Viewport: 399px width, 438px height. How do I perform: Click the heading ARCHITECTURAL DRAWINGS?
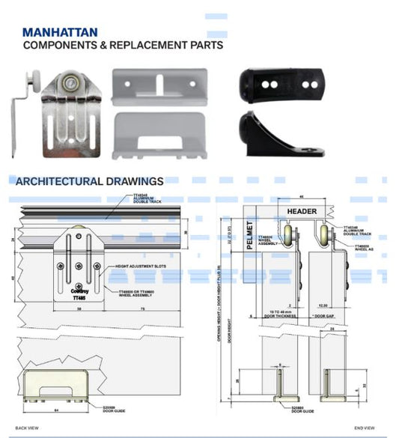(89, 181)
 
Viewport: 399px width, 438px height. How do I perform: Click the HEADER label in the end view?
(303, 212)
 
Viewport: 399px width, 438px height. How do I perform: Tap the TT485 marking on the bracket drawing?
(79, 297)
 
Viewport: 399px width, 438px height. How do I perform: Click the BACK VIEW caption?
(27, 428)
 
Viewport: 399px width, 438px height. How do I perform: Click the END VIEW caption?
(365, 428)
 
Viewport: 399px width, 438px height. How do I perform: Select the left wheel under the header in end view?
(288, 238)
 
